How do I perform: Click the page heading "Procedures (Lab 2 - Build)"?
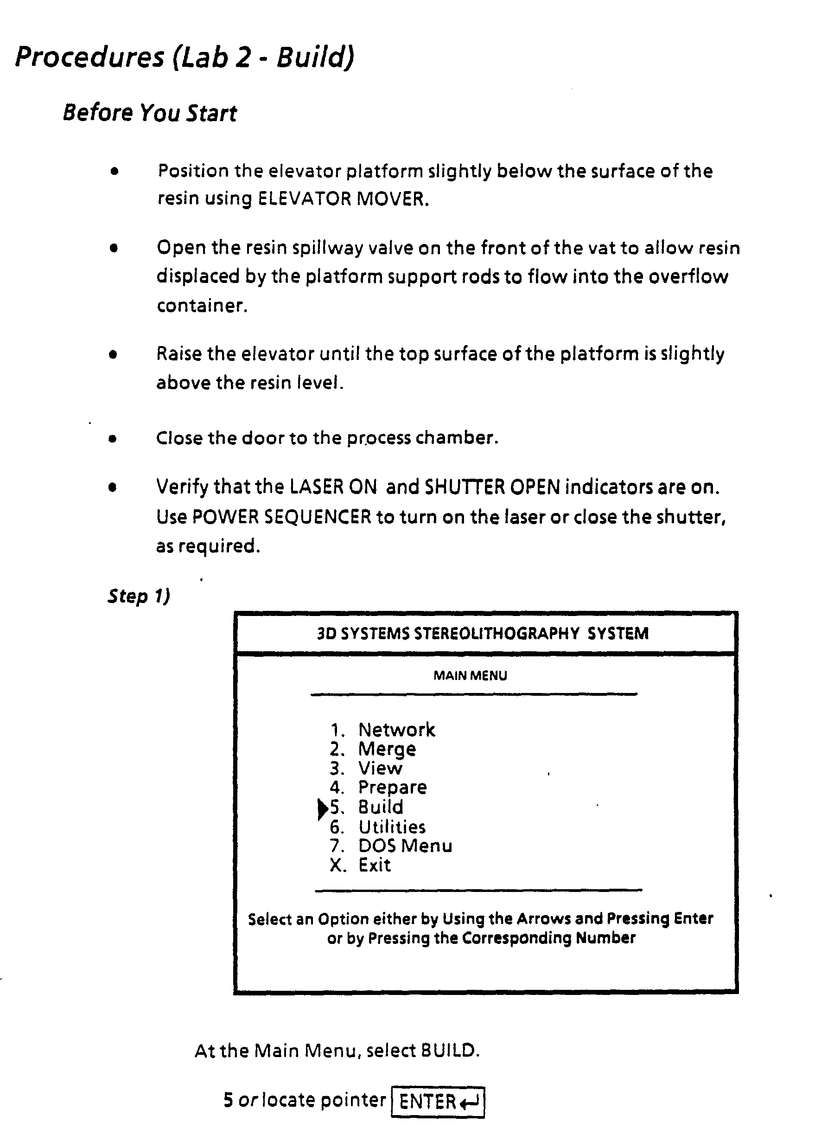tap(185, 57)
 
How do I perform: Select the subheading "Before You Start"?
tap(150, 113)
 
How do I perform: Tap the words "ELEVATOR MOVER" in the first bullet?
tap(343, 199)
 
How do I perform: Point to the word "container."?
tap(202, 305)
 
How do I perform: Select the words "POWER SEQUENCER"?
tap(281, 517)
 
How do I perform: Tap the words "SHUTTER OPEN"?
tap(493, 487)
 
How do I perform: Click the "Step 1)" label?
tap(139, 596)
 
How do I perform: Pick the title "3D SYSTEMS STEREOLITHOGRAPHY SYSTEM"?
tap(483, 633)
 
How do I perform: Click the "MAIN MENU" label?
tap(470, 675)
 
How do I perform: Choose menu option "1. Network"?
tap(382, 730)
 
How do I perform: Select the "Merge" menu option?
tap(387, 749)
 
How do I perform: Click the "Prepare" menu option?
tap(393, 788)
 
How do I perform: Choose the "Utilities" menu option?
tap(392, 828)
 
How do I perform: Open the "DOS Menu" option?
tap(405, 846)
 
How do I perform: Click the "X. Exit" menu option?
tap(360, 865)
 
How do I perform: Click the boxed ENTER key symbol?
tap(438, 1102)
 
